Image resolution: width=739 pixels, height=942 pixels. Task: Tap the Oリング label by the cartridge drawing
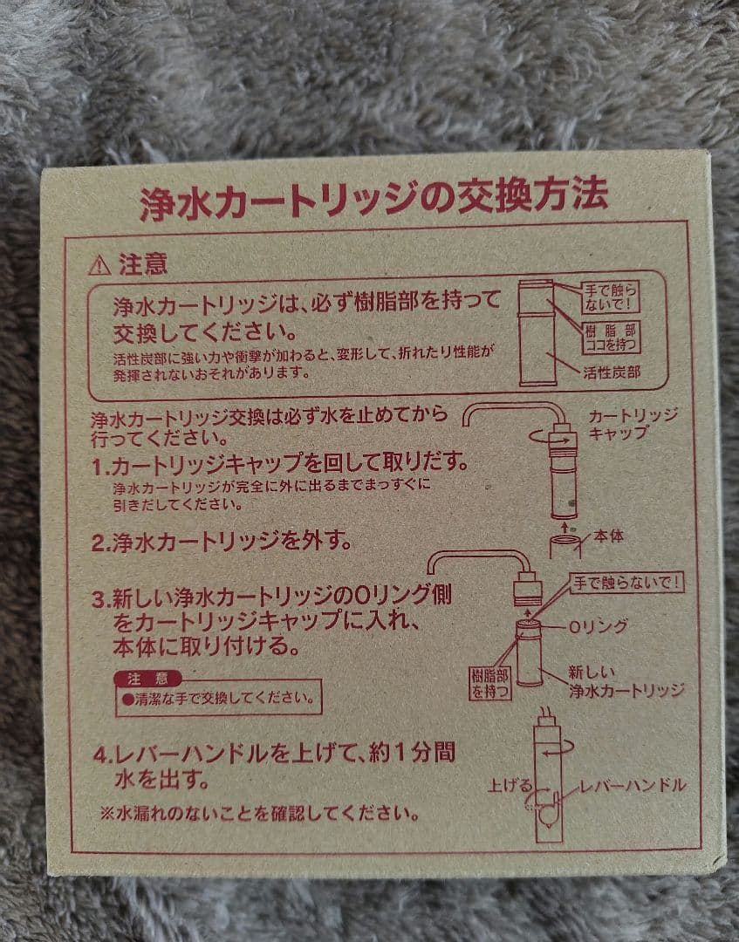(598, 626)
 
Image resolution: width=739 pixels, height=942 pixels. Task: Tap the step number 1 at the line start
(99, 467)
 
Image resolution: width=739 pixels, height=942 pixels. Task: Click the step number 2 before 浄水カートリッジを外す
(99, 542)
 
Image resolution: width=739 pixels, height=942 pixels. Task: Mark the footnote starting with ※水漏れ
(260, 815)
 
